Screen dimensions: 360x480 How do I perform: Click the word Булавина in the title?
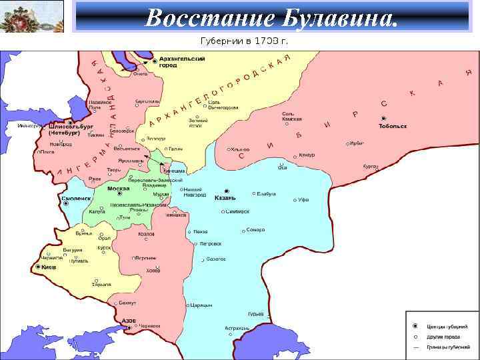coord(344,17)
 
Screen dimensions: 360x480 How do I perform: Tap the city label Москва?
coord(118,189)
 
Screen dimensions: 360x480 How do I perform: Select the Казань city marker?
coord(227,190)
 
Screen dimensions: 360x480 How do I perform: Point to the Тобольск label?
coord(393,126)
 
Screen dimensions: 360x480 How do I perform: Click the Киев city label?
coord(49,267)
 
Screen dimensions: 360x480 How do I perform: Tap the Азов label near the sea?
coord(129,321)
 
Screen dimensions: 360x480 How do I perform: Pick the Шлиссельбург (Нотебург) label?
coord(71,129)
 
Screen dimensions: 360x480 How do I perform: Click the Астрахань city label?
coord(237,328)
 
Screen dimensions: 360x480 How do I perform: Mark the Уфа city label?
coord(303,200)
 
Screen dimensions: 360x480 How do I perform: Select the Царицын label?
coord(201,305)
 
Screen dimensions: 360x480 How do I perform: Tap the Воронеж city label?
coord(147,257)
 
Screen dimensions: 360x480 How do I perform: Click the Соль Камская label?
coord(292,117)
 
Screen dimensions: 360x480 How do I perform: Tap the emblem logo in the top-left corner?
coord(31,16)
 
